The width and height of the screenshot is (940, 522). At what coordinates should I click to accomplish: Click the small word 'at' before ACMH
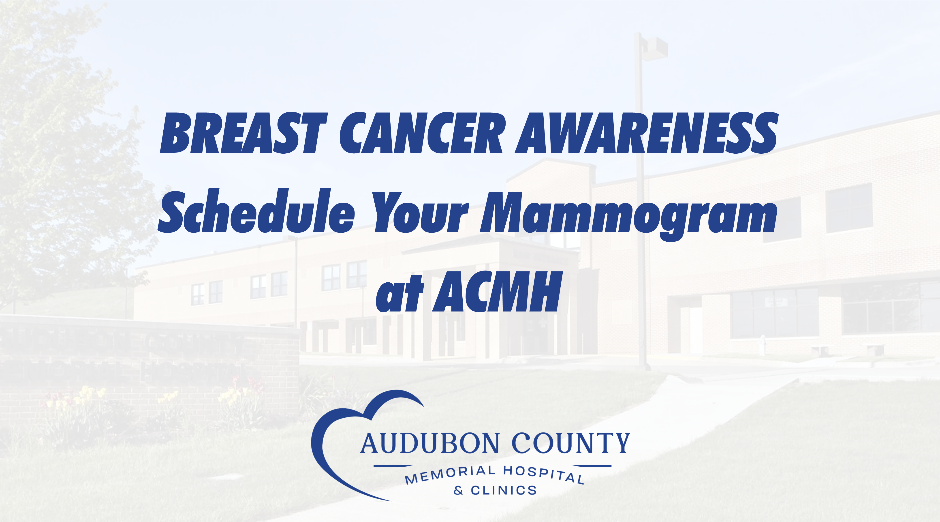(x=399, y=294)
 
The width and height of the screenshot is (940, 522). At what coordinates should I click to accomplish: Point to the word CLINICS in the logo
(x=504, y=490)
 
